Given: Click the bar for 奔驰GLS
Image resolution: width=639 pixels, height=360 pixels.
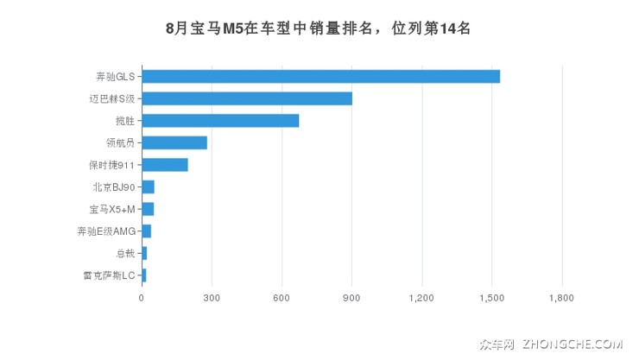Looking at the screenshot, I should (x=320, y=76).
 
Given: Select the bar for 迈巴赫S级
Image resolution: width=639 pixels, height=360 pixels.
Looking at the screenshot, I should (x=247, y=98).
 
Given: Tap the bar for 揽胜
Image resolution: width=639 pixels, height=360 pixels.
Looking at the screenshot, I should (x=220, y=120).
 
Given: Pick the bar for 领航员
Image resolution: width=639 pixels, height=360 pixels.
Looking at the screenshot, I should (x=174, y=142).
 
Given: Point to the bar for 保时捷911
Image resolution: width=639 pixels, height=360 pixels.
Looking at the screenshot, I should (x=165, y=165).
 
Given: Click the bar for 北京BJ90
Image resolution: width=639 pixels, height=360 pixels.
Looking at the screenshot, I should (x=148, y=186).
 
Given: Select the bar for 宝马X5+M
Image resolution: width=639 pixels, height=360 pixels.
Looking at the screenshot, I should (x=148, y=209).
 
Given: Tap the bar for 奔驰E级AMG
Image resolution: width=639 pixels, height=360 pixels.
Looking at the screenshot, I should (x=146, y=231).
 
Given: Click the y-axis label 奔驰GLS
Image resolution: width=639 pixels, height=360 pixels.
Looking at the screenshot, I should (x=116, y=76).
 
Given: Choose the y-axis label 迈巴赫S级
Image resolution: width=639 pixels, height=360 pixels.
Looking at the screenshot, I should (x=112, y=98).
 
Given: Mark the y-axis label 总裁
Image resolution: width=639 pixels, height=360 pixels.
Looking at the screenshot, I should (x=125, y=254).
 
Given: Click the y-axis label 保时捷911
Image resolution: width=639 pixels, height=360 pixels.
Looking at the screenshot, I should (x=112, y=165).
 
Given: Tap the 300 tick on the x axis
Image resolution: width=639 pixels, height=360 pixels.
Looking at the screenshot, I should (x=212, y=299).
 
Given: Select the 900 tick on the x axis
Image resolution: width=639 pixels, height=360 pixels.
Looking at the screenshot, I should (x=351, y=299).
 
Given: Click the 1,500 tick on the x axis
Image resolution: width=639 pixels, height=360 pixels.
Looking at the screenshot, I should (x=491, y=299).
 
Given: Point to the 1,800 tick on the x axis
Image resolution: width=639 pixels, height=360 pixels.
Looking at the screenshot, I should (x=561, y=299).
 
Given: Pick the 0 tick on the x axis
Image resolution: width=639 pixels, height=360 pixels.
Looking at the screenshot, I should (x=142, y=299).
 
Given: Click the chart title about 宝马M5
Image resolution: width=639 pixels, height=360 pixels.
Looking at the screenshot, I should (x=319, y=28).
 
